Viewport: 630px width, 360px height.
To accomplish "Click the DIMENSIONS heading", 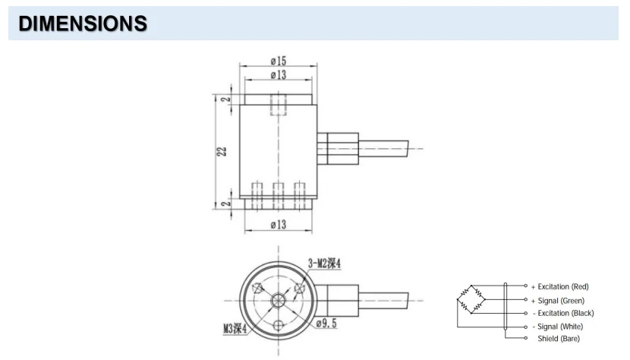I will [83, 24].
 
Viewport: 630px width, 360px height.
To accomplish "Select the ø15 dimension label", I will [277, 61].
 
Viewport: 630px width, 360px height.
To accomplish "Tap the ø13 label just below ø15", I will [277, 74].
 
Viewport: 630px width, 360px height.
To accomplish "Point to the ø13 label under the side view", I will [278, 224].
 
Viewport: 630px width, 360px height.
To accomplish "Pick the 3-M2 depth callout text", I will [324, 263].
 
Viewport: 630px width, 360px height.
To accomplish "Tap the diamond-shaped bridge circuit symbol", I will [470, 299].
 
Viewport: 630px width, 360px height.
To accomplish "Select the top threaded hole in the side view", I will [279, 104].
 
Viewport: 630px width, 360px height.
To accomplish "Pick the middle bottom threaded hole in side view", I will [279, 194].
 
